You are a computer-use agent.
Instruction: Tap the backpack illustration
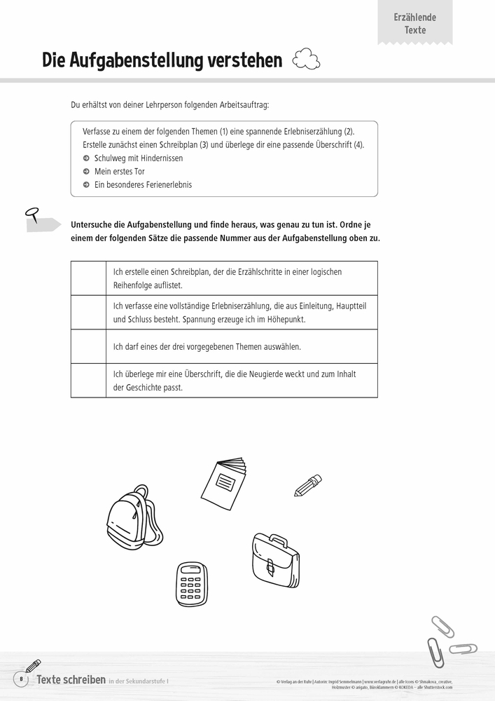click(134, 517)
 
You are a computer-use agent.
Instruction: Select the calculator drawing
click(191, 583)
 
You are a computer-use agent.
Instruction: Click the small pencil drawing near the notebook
click(308, 485)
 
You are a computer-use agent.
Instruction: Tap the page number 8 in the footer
click(21, 679)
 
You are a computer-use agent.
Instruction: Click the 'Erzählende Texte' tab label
click(414, 23)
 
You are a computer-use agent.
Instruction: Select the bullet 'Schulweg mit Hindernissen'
click(138, 158)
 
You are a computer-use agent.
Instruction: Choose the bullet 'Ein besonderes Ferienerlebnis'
click(142, 185)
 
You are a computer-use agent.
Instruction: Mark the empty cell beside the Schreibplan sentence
click(88, 278)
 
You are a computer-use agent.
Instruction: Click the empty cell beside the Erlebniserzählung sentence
click(88, 312)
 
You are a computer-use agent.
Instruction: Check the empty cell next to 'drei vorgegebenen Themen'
click(88, 346)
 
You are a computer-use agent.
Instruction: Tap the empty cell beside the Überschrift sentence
click(88, 381)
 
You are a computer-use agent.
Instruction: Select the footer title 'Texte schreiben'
click(71, 679)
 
